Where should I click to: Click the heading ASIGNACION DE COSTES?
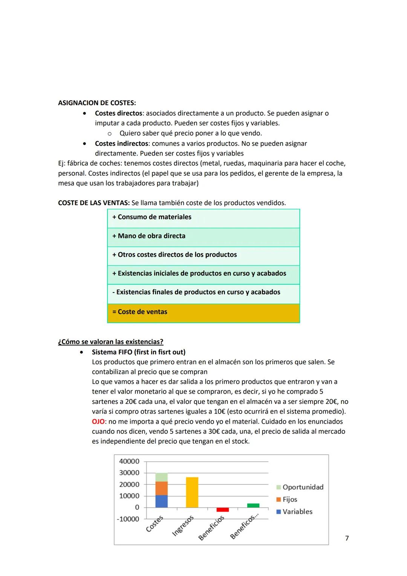pos(97,103)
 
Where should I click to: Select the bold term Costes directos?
pos(118,113)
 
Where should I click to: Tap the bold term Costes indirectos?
pos(121,144)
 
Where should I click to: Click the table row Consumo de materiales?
pos(203,218)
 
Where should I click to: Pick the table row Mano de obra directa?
pos(203,236)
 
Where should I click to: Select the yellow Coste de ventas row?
pos(203,313)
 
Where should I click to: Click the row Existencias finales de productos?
pos(203,293)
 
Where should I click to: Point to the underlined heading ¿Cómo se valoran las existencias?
pos(110,342)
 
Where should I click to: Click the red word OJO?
pos(98,421)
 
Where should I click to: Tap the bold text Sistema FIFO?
pos(138,352)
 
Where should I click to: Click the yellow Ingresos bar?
pos(192,492)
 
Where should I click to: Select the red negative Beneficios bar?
pos(222,510)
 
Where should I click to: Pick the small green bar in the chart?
pos(253,506)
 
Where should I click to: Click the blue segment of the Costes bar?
pos(162,501)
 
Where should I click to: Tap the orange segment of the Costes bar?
pos(162,488)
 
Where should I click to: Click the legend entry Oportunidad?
pos(303,487)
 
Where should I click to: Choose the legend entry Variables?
pos(297,512)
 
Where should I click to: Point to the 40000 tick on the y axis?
pos(129,461)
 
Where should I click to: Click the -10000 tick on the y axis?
pos(128,519)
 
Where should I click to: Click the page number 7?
pos(347,538)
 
